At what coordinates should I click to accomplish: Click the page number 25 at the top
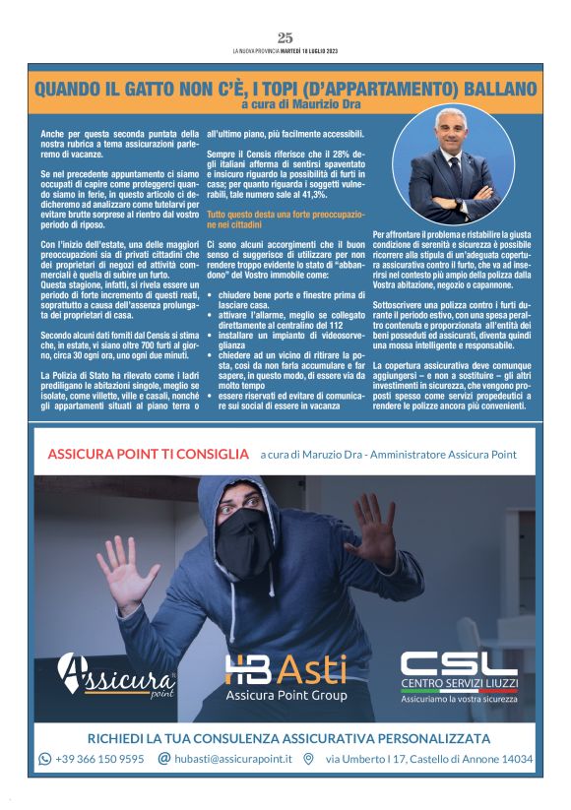pyautogui.click(x=285, y=37)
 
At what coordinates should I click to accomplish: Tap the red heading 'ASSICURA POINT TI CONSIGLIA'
pyautogui.click(x=149, y=454)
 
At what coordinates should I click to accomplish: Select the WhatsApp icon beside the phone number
pyautogui.click(x=44, y=759)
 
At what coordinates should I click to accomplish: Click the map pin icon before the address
pyautogui.click(x=308, y=759)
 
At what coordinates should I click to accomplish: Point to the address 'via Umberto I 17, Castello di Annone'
pyautogui.click(x=429, y=759)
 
